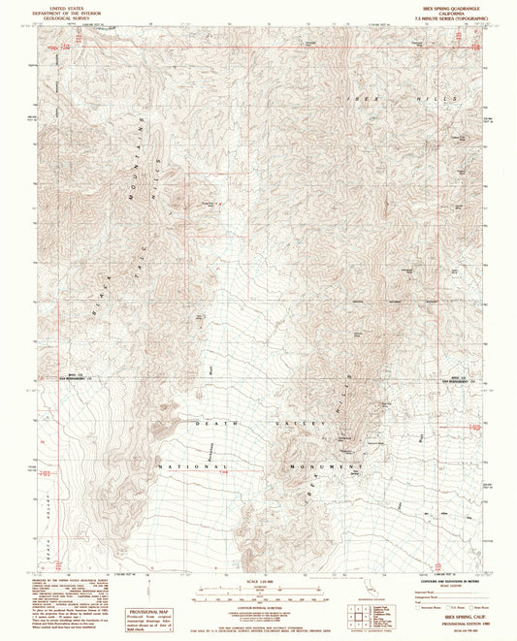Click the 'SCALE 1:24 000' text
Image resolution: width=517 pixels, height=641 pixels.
coord(259,582)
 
